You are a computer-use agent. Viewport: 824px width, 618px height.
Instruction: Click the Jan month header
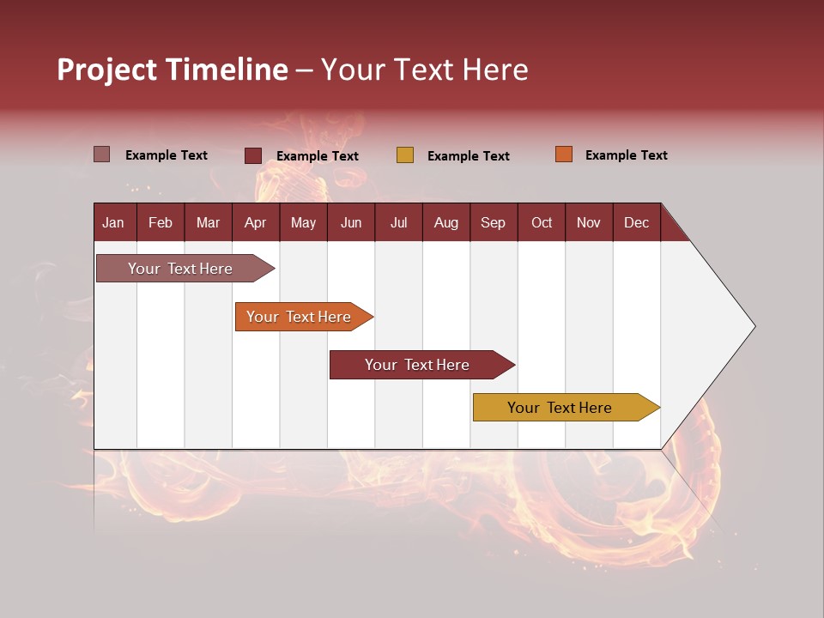(x=113, y=222)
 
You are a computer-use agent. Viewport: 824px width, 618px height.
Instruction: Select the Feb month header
(x=161, y=222)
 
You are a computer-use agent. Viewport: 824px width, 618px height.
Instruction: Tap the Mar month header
(x=208, y=222)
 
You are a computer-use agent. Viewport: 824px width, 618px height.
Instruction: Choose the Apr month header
(x=255, y=222)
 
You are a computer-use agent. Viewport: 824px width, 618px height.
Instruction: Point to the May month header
(x=303, y=222)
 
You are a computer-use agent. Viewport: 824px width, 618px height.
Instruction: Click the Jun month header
(x=351, y=222)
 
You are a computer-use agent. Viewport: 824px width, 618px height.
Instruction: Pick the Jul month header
(x=398, y=222)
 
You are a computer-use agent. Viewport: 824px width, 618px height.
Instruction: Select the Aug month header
(x=445, y=222)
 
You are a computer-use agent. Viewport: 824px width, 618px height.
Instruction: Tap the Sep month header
(x=493, y=222)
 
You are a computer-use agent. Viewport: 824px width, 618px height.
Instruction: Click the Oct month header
(x=542, y=222)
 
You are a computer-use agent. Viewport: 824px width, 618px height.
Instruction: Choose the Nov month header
(x=589, y=222)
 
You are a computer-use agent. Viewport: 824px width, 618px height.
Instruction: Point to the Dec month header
(x=636, y=222)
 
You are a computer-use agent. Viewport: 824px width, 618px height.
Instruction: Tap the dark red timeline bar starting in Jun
(x=418, y=365)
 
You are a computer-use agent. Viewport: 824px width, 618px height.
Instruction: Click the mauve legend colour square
(x=101, y=154)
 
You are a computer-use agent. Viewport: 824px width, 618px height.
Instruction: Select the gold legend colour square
(x=405, y=155)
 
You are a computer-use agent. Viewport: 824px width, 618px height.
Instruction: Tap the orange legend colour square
(x=563, y=154)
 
